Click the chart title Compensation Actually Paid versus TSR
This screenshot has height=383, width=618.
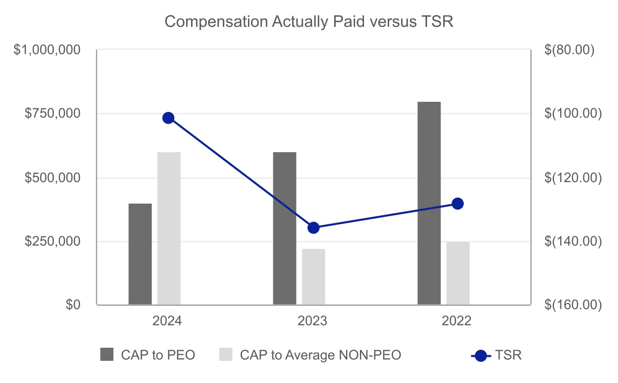[309, 22]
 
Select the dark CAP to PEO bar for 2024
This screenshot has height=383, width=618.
[140, 254]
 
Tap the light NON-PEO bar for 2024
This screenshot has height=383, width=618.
[169, 228]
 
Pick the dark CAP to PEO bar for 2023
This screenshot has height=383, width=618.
[284, 228]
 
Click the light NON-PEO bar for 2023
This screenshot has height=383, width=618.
[314, 277]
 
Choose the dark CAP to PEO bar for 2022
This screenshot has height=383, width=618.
[429, 203]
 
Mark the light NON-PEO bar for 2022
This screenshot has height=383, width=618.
[458, 273]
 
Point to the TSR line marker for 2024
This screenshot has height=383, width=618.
[168, 118]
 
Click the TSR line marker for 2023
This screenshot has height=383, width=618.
[314, 228]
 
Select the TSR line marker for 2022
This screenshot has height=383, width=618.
[458, 204]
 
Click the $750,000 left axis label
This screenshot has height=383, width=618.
[53, 114]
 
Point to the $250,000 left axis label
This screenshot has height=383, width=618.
[53, 241]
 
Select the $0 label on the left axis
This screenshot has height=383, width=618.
[74, 305]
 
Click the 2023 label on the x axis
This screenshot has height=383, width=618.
[313, 322]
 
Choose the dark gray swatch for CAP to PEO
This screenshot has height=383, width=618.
[107, 355]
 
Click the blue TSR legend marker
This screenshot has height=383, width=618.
[481, 355]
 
